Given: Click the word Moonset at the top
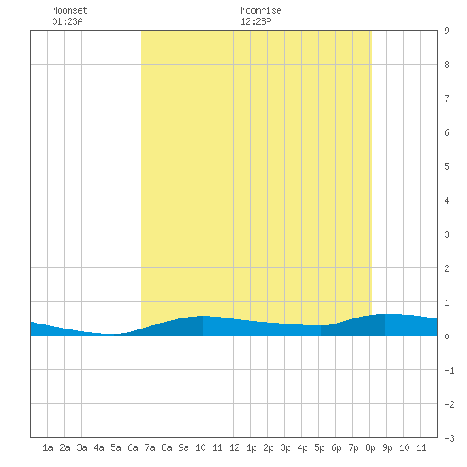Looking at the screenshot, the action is pyautogui.click(x=70, y=10).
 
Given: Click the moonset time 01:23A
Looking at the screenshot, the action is pyautogui.click(x=67, y=21).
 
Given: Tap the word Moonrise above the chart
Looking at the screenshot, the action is pyautogui.click(x=261, y=10).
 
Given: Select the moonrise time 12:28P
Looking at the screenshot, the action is pyautogui.click(x=256, y=21).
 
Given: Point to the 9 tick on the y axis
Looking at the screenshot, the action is pyautogui.click(x=447, y=31).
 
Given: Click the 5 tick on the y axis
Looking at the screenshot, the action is pyautogui.click(x=447, y=166).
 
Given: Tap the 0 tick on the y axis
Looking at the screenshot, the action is pyautogui.click(x=447, y=336).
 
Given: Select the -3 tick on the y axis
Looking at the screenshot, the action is pyautogui.click(x=449, y=438).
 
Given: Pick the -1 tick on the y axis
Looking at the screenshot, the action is pyautogui.click(x=449, y=370).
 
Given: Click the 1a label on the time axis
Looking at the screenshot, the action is pyautogui.click(x=48, y=447).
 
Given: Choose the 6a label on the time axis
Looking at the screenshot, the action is pyautogui.click(x=132, y=447).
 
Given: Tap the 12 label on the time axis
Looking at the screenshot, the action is pyautogui.click(x=234, y=447).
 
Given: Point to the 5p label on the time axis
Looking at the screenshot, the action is pyautogui.click(x=319, y=447).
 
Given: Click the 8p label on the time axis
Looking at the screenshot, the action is pyautogui.click(x=370, y=447).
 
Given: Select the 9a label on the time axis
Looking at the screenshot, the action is pyautogui.click(x=183, y=447).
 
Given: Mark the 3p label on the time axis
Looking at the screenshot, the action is pyautogui.click(x=285, y=447).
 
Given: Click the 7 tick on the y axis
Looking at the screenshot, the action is pyautogui.click(x=447, y=98).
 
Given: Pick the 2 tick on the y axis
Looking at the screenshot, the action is pyautogui.click(x=447, y=268).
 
